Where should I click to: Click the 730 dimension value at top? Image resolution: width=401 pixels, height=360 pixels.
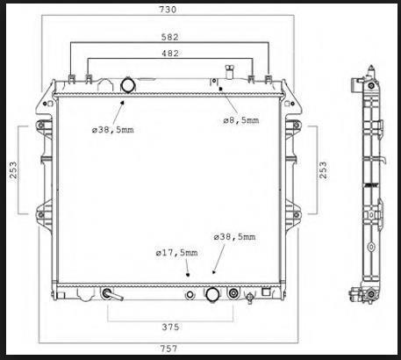pyautogui.click(x=168, y=10)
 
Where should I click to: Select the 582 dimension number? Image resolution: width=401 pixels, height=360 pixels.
pyautogui.click(x=170, y=37)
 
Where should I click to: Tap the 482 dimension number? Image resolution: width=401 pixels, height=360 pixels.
pyautogui.click(x=170, y=54)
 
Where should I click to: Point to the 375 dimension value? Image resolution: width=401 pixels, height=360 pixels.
pyautogui.click(x=170, y=327)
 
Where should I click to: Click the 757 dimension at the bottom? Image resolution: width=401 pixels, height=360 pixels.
pyautogui.click(x=168, y=349)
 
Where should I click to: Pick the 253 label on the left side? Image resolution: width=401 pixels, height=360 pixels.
pyautogui.click(x=13, y=170)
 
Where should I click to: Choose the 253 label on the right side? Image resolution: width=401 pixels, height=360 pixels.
pyautogui.click(x=323, y=170)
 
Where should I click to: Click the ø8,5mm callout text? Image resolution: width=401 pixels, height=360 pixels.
pyautogui.click(x=241, y=120)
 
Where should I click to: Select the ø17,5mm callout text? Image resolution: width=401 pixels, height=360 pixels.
pyautogui.click(x=176, y=253)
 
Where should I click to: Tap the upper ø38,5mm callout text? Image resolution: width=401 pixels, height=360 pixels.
pyautogui.click(x=113, y=130)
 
